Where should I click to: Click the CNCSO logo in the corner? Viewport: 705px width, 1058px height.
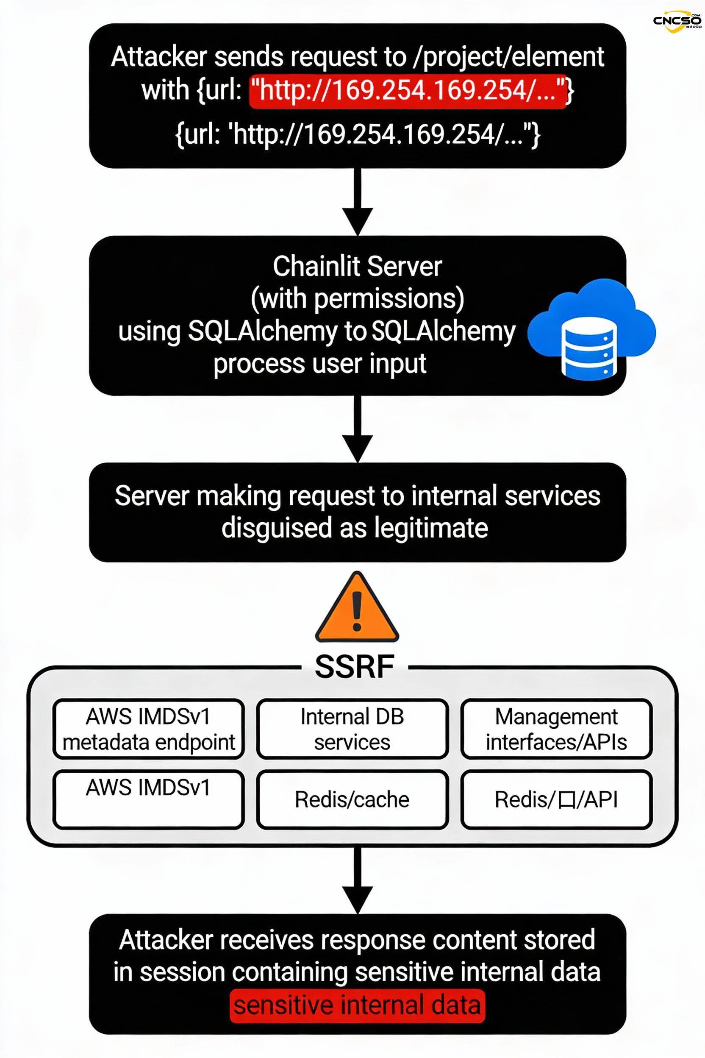pyautogui.click(x=676, y=21)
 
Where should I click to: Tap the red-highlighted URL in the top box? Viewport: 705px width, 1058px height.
pyautogui.click(x=408, y=91)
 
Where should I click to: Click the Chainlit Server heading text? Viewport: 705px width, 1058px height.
pyautogui.click(x=357, y=266)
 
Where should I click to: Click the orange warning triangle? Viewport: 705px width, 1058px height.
pyautogui.click(x=357, y=608)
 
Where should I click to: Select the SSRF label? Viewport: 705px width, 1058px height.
pyautogui.click(x=355, y=667)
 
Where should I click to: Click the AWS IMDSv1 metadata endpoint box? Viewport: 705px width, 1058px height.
pyautogui.click(x=148, y=729)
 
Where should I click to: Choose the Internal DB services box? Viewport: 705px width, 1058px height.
pyautogui.click(x=352, y=729)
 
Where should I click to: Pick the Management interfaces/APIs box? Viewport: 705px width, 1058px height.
pyautogui.click(x=557, y=729)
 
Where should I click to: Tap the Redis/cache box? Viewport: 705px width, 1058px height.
pyautogui.click(x=352, y=799)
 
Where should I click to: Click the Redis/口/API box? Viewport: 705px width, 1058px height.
pyautogui.click(x=557, y=799)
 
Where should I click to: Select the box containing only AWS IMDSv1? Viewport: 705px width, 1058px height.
pyautogui.click(x=148, y=799)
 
